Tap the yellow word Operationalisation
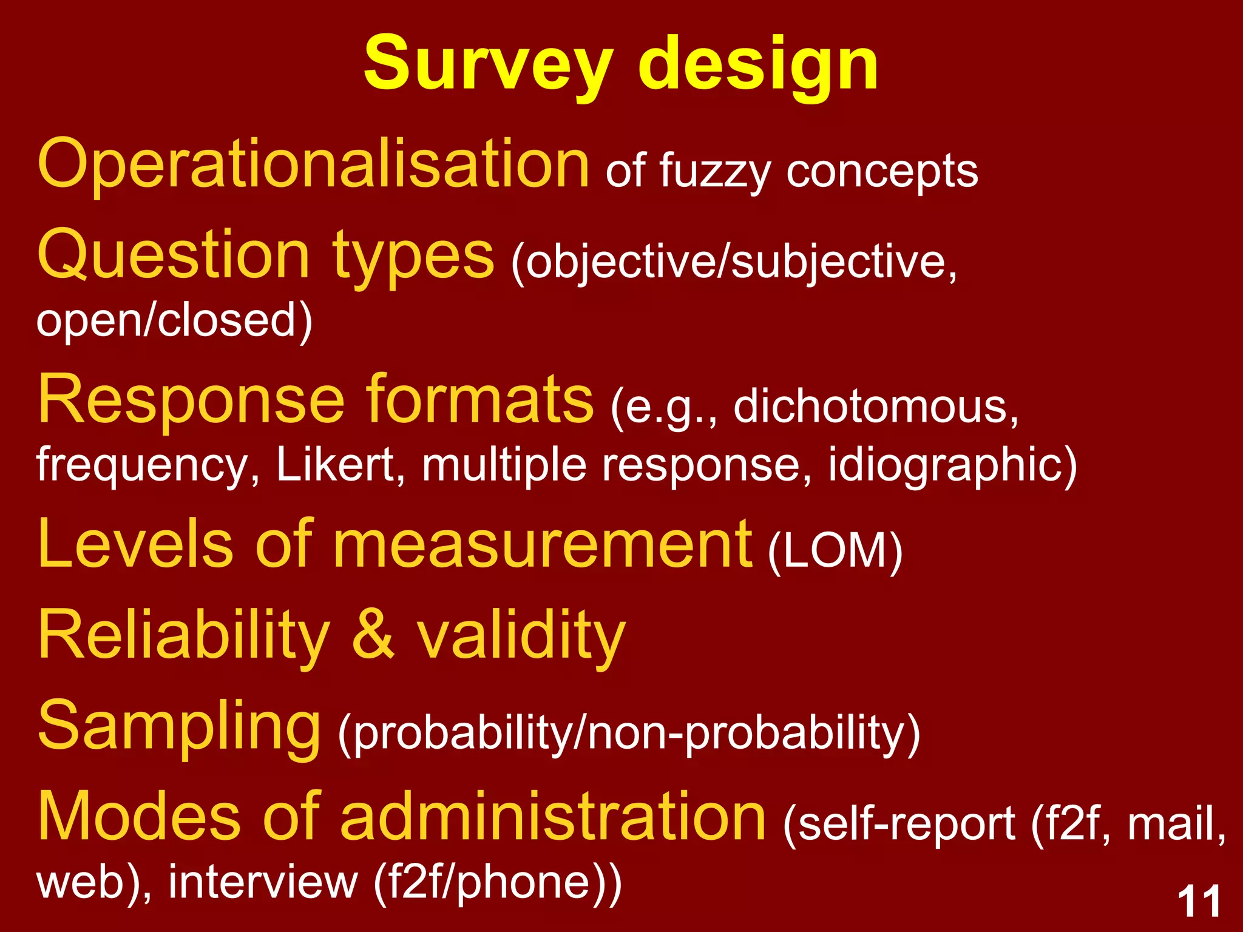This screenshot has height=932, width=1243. click(x=313, y=164)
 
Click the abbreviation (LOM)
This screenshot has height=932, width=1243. click(x=835, y=551)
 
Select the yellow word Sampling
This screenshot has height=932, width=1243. click(x=179, y=726)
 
